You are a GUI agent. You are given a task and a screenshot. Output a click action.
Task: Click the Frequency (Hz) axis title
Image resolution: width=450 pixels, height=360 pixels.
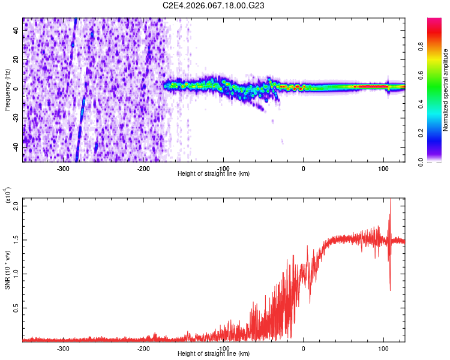[8, 89]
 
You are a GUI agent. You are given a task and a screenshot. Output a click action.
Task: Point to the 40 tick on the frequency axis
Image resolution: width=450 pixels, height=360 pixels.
[16, 30]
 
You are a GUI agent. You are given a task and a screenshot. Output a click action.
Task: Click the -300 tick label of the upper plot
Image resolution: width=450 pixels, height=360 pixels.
[64, 169]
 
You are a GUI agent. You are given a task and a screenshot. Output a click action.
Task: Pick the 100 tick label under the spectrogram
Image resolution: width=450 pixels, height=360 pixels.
[383, 169]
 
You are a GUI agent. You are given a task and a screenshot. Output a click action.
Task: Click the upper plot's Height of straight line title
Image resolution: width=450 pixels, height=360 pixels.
[214, 173]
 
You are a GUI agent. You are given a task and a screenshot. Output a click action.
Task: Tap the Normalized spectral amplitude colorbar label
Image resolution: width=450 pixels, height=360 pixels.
[445, 90]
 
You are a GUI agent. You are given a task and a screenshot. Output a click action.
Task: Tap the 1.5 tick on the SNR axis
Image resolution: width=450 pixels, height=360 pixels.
[16, 240]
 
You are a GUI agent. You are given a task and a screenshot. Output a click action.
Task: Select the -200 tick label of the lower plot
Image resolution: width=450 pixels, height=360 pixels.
[143, 349]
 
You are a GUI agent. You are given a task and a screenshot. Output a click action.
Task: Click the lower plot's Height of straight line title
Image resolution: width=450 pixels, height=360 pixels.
[214, 353]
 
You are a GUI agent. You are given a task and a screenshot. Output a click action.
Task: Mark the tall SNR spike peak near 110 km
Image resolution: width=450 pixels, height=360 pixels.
[391, 200]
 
